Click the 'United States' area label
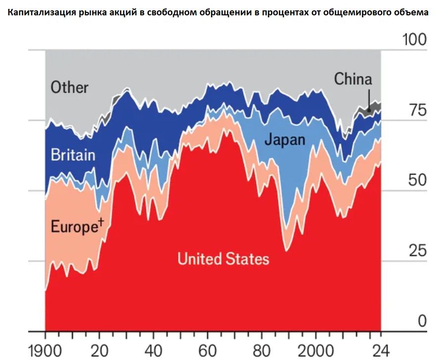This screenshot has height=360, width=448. click(223, 259)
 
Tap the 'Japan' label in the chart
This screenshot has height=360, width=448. click(285, 140)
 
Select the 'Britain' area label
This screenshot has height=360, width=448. click(73, 155)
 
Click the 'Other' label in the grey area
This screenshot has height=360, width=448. click(69, 88)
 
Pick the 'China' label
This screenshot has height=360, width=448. click(353, 79)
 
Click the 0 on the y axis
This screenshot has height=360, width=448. click(421, 321)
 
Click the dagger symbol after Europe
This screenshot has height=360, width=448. click(101, 223)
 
